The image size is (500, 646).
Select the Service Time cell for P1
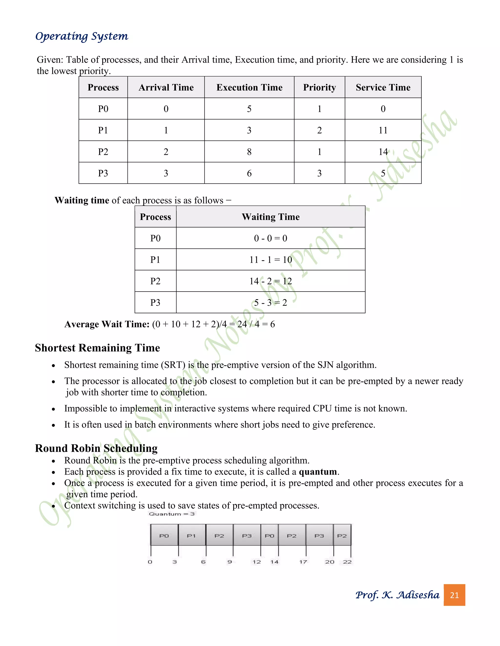[x=383, y=130]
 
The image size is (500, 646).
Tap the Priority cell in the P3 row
[x=319, y=173]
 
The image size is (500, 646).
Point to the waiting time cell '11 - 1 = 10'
[x=271, y=260]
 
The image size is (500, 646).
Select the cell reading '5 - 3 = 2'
[x=271, y=303]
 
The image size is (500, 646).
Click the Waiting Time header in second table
[x=271, y=217]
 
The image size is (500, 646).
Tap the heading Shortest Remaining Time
[x=97, y=348]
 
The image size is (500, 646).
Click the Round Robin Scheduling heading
[x=96, y=448]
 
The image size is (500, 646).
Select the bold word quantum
[x=318, y=471]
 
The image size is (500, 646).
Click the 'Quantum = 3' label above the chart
[x=172, y=514]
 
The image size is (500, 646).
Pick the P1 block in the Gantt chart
[x=192, y=535]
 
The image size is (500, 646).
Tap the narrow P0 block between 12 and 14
[x=270, y=535]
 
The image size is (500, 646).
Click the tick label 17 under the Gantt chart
[x=303, y=562]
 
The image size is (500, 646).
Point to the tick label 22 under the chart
[x=347, y=562]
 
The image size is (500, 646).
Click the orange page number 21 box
[x=454, y=595]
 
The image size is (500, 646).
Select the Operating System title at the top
[x=82, y=36]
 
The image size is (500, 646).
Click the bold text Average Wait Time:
[x=107, y=324]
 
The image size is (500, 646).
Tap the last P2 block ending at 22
[x=342, y=535]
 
